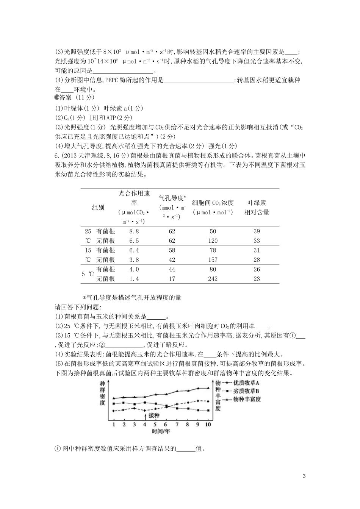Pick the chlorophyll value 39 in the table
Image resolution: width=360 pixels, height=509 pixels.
[x=257, y=231]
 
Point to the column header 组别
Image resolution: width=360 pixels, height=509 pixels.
[x=98, y=208]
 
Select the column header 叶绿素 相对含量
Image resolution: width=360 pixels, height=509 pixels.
[x=257, y=208]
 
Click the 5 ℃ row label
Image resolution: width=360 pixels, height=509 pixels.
[x=87, y=274]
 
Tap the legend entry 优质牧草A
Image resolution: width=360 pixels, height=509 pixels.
[x=246, y=383]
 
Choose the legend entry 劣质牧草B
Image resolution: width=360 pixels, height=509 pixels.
[x=246, y=391]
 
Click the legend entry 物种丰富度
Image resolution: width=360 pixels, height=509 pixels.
[x=247, y=399]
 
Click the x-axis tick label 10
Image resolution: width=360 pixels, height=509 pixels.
[x=208, y=425]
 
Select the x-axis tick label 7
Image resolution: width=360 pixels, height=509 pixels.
[x=177, y=425]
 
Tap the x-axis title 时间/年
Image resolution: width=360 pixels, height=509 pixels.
[x=161, y=431]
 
